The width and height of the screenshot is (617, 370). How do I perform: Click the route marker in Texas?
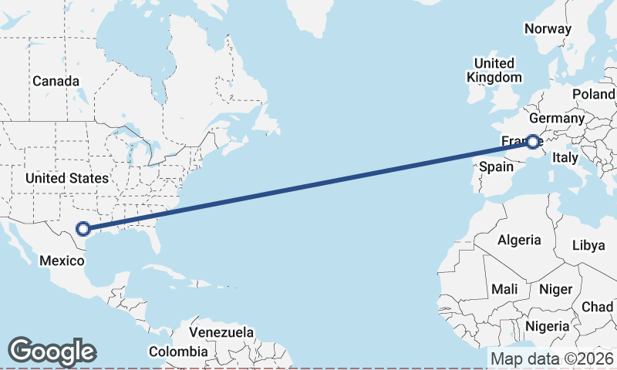pyautogui.click(x=83, y=228)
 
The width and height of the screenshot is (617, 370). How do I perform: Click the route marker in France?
pyautogui.click(x=533, y=141)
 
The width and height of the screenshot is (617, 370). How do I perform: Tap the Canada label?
pyautogui.click(x=56, y=81)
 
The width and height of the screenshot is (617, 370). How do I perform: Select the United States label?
pyautogui.click(x=67, y=178)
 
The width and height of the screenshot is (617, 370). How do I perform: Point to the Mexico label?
pyautogui.click(x=62, y=261)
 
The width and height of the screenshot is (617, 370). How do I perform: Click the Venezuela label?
pyautogui.click(x=221, y=332)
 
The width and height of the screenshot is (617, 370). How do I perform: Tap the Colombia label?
pyautogui.click(x=178, y=351)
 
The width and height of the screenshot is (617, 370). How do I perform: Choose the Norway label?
pyautogui.click(x=548, y=29)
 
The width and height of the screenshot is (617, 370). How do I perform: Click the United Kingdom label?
pyautogui.click(x=494, y=70)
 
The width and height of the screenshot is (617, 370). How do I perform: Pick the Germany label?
pyautogui.click(x=557, y=119)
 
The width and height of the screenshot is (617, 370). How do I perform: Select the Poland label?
pyautogui.click(x=593, y=94)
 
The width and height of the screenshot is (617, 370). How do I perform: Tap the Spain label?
pyautogui.click(x=497, y=166)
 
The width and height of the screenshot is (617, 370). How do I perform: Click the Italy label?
pyautogui.click(x=565, y=157)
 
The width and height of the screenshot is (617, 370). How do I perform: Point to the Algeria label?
pyautogui.click(x=519, y=240)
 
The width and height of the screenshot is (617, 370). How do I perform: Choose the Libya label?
pyautogui.click(x=588, y=246)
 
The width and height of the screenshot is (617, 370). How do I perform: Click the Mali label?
pyautogui.click(x=504, y=289)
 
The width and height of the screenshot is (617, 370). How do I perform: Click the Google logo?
pyautogui.click(x=52, y=351)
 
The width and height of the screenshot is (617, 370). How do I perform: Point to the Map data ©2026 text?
pyautogui.click(x=552, y=358)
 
